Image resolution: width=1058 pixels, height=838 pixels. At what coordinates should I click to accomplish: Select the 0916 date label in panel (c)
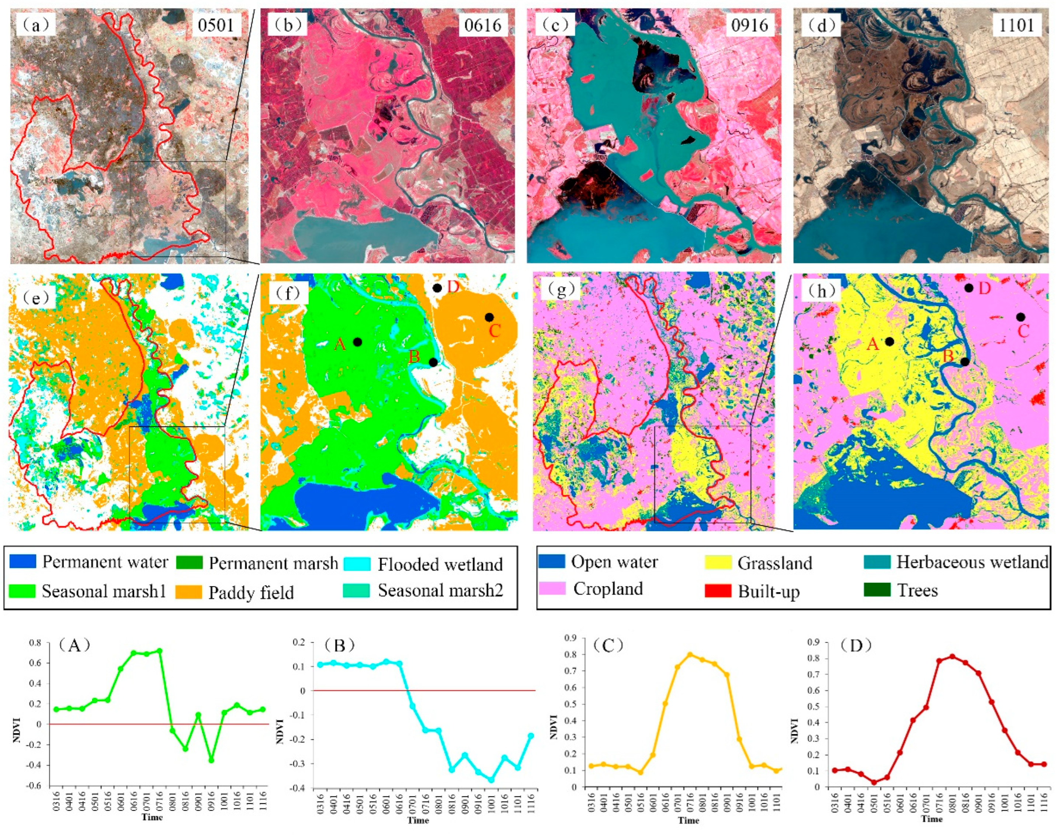[x=749, y=25]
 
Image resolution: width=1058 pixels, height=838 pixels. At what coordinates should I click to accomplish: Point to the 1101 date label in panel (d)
[x=1016, y=25]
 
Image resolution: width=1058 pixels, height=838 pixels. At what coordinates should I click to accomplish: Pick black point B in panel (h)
[x=965, y=362]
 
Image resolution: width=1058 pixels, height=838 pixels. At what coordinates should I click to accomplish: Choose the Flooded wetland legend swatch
[x=357, y=563]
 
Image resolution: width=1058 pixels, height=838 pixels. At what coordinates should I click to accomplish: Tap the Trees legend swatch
[x=877, y=590]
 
